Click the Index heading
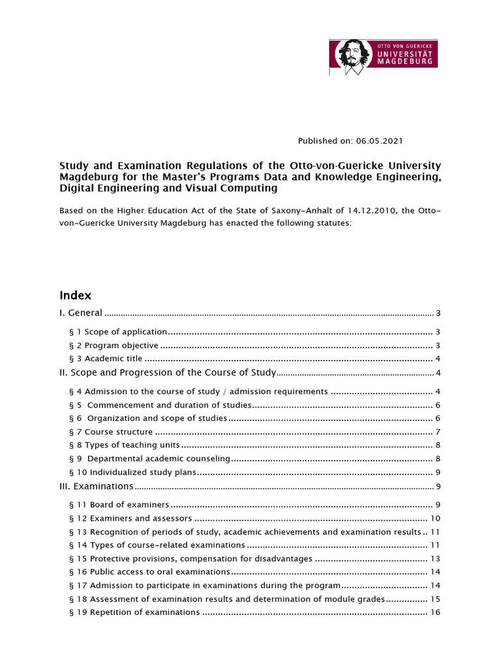click(76, 295)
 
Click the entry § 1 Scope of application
click(118, 332)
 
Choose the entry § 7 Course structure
click(110, 432)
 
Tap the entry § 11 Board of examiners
click(119, 505)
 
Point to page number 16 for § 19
click(436, 612)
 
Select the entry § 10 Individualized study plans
click(132, 472)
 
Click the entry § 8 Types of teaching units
click(124, 445)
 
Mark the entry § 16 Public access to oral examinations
click(149, 572)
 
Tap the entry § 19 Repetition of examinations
click(134, 612)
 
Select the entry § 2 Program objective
click(114, 346)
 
